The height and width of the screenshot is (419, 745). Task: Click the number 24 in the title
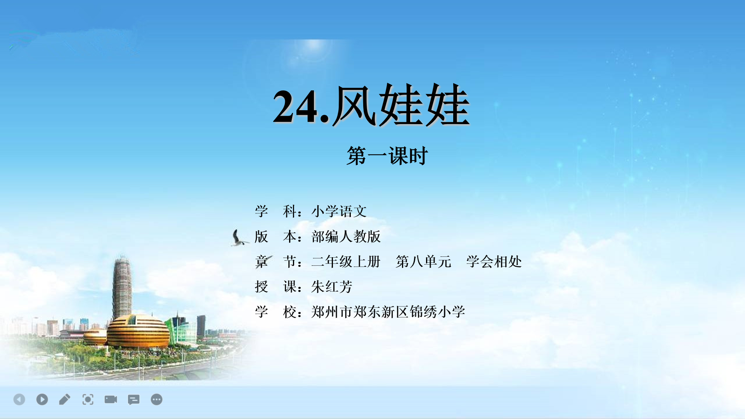coord(296,106)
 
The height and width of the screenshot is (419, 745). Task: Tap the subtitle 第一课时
coord(387,156)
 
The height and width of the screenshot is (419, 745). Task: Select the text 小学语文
coord(339,211)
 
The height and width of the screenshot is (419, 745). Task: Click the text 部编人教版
coord(346,237)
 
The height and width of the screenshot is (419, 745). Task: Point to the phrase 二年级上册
coord(346,262)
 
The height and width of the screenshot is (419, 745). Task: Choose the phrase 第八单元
coord(423,262)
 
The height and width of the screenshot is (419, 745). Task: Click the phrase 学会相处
coord(494,262)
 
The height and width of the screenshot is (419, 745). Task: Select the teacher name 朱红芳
coord(332,287)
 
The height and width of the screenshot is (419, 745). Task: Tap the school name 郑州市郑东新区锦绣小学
coord(388,312)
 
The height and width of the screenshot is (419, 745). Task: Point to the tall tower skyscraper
coord(122,287)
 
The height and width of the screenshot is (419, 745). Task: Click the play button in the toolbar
coord(42,399)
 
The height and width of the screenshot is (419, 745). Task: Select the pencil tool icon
coord(65,399)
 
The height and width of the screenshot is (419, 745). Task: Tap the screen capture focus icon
coord(88,399)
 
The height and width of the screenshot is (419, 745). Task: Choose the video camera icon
coord(111,399)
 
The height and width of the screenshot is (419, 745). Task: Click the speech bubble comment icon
coord(133,400)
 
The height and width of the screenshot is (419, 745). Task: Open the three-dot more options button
coord(156,399)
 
